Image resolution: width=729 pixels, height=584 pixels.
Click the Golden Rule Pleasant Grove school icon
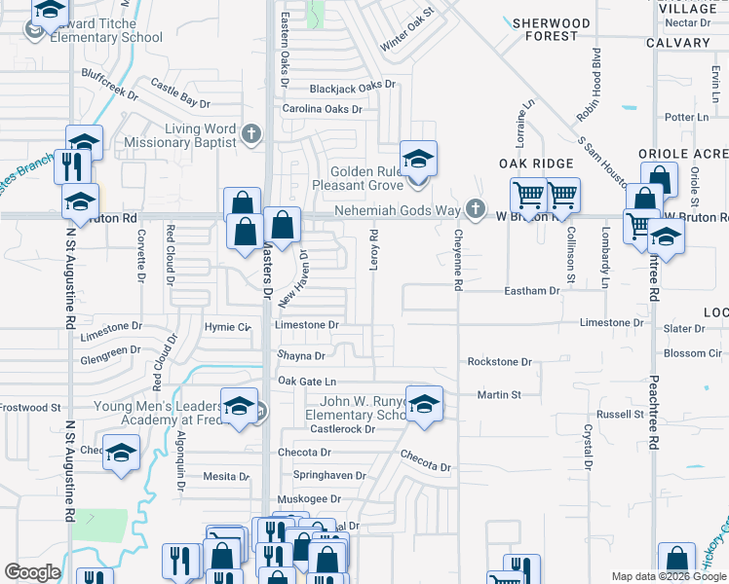[x=418, y=159]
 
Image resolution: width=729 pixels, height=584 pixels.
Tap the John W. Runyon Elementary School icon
[x=423, y=404]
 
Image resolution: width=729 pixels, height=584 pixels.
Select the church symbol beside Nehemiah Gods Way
[x=475, y=209]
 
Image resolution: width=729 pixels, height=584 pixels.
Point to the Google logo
[x=31, y=572]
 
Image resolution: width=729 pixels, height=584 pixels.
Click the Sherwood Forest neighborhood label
[x=552, y=29]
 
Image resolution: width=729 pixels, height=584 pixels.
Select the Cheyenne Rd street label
[x=457, y=259]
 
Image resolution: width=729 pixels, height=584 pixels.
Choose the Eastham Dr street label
[x=531, y=291]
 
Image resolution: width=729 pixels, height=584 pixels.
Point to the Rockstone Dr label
[x=499, y=362]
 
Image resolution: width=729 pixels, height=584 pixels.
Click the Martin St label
[x=499, y=395]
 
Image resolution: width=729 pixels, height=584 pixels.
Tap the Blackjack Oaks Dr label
[x=353, y=88]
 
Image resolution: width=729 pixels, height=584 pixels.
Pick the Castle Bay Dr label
[x=180, y=94]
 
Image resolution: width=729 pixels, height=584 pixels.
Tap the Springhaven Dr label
[x=329, y=476]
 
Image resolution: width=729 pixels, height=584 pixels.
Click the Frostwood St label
[x=29, y=408]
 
